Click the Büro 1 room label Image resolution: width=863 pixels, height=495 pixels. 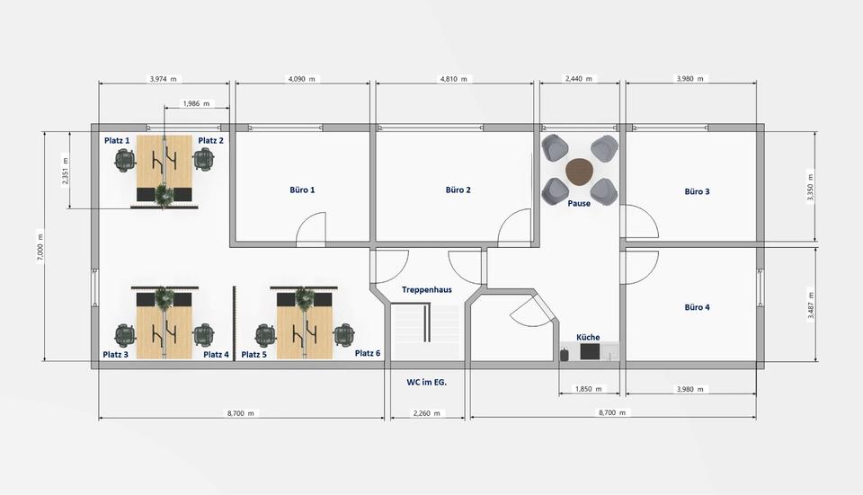point(302,190)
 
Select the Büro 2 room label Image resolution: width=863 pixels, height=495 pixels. point(458,190)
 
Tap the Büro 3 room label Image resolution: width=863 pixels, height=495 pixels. point(697,191)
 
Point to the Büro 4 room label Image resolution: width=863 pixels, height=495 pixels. point(697,307)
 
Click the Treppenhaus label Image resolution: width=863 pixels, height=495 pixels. point(426,290)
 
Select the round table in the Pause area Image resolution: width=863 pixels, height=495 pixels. point(580,171)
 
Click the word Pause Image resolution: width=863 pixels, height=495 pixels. point(579,204)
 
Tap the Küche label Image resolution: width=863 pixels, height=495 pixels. point(588,337)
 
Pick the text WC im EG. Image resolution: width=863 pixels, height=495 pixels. point(427,382)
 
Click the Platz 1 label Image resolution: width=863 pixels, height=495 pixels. point(117,141)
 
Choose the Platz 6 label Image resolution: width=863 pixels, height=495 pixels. point(368,354)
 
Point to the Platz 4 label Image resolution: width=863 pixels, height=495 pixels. point(217,355)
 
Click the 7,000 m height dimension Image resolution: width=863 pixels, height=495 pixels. point(39,247)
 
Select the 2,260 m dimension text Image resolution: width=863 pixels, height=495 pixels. point(427,413)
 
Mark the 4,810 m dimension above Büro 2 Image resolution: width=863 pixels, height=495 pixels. point(456,79)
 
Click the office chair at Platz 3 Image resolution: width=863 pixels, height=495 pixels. point(124,335)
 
